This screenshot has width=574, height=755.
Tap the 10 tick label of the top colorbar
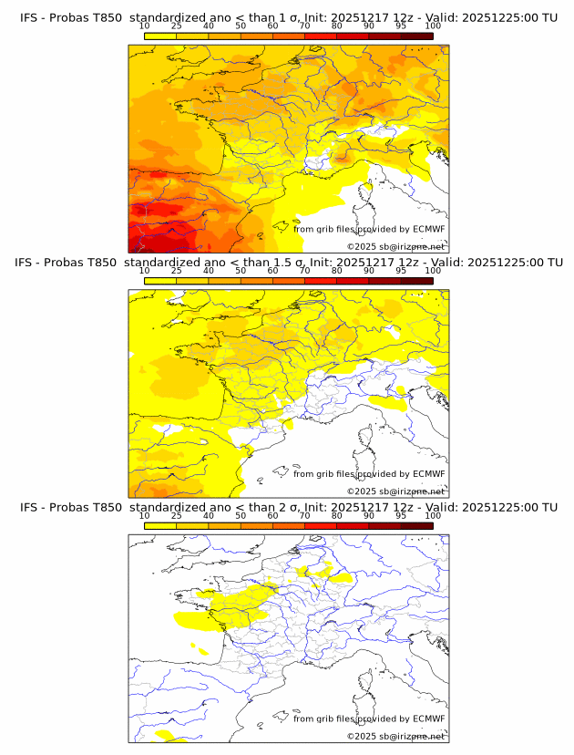pyautogui.click(x=144, y=26)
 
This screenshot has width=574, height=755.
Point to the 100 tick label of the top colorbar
pyautogui.click(x=432, y=26)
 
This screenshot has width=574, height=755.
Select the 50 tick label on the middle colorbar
pyautogui.click(x=241, y=271)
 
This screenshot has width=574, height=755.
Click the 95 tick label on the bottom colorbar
pyautogui.click(x=400, y=515)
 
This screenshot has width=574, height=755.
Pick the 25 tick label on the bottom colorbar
pyautogui.click(x=176, y=515)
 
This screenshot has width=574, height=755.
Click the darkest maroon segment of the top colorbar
pyautogui.click(x=416, y=36)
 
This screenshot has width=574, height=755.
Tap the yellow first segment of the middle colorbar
pyautogui.click(x=159, y=281)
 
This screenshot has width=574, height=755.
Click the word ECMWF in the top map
pyautogui.click(x=428, y=230)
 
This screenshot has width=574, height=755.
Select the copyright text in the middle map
pyautogui.click(x=395, y=491)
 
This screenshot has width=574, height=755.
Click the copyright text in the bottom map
pyautogui.click(x=395, y=735)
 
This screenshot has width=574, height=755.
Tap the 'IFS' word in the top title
pyautogui.click(x=30, y=18)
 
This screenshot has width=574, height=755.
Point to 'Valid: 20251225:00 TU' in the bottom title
pyautogui.click(x=488, y=507)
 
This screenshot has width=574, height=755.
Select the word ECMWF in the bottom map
pyautogui.click(x=428, y=719)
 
